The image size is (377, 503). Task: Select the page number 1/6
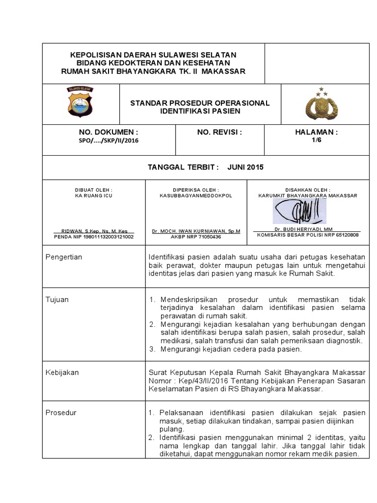(x=315, y=140)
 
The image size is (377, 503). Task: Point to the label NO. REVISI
(x=219, y=132)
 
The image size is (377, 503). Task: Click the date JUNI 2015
(x=245, y=167)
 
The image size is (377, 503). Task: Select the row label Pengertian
(x=64, y=257)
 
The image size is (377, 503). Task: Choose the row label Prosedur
(x=61, y=412)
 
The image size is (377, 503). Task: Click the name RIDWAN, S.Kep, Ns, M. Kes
(x=94, y=230)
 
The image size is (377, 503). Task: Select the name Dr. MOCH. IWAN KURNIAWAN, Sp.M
(x=196, y=230)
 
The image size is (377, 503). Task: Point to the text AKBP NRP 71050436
(x=196, y=236)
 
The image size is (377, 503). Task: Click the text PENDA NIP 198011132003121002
(x=94, y=236)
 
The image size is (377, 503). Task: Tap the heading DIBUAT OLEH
(x=94, y=189)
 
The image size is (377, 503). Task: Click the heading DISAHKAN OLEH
(x=308, y=189)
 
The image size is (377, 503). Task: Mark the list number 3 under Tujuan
(x=152, y=349)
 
